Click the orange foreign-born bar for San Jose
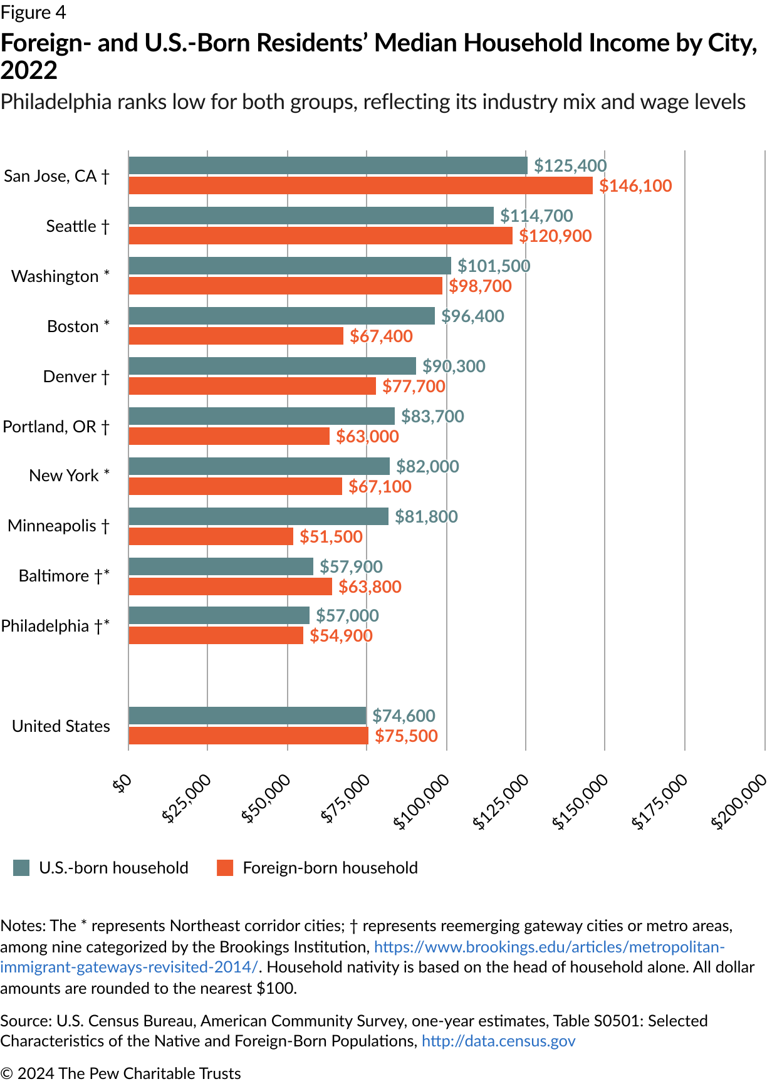pyautogui.click(x=360, y=185)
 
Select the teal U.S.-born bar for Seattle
pyautogui.click(x=311, y=216)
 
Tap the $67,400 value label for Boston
pyautogui.click(x=381, y=336)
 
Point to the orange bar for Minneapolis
pyautogui.click(x=211, y=536)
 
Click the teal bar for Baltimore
pyautogui.click(x=221, y=566)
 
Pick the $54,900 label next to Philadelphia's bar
pyautogui.click(x=341, y=636)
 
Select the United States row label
pyautogui.click(x=61, y=726)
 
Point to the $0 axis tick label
pyautogui.click(x=122, y=783)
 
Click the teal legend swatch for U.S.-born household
pyautogui.click(x=21, y=868)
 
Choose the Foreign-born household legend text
pyautogui.click(x=330, y=868)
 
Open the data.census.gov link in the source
pyautogui.click(x=498, y=1041)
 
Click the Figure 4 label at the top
pyautogui.click(x=33, y=13)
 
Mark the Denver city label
pyautogui.click(x=76, y=377)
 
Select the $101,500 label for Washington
pyautogui.click(x=494, y=266)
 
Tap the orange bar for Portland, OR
pyautogui.click(x=229, y=436)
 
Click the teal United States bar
pyautogui.click(x=247, y=716)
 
